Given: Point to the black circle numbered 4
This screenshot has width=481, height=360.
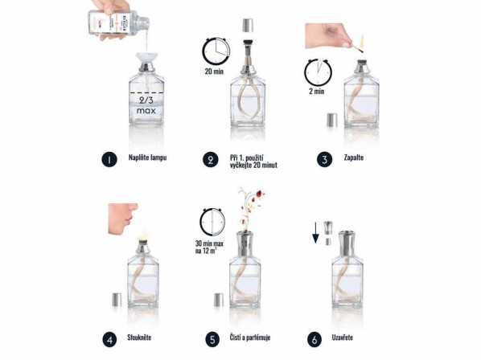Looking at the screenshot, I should pos(108,338).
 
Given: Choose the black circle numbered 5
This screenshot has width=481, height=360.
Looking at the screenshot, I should pos(210,338).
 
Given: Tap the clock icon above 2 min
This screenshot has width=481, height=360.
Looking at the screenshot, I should pos(317,73).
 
